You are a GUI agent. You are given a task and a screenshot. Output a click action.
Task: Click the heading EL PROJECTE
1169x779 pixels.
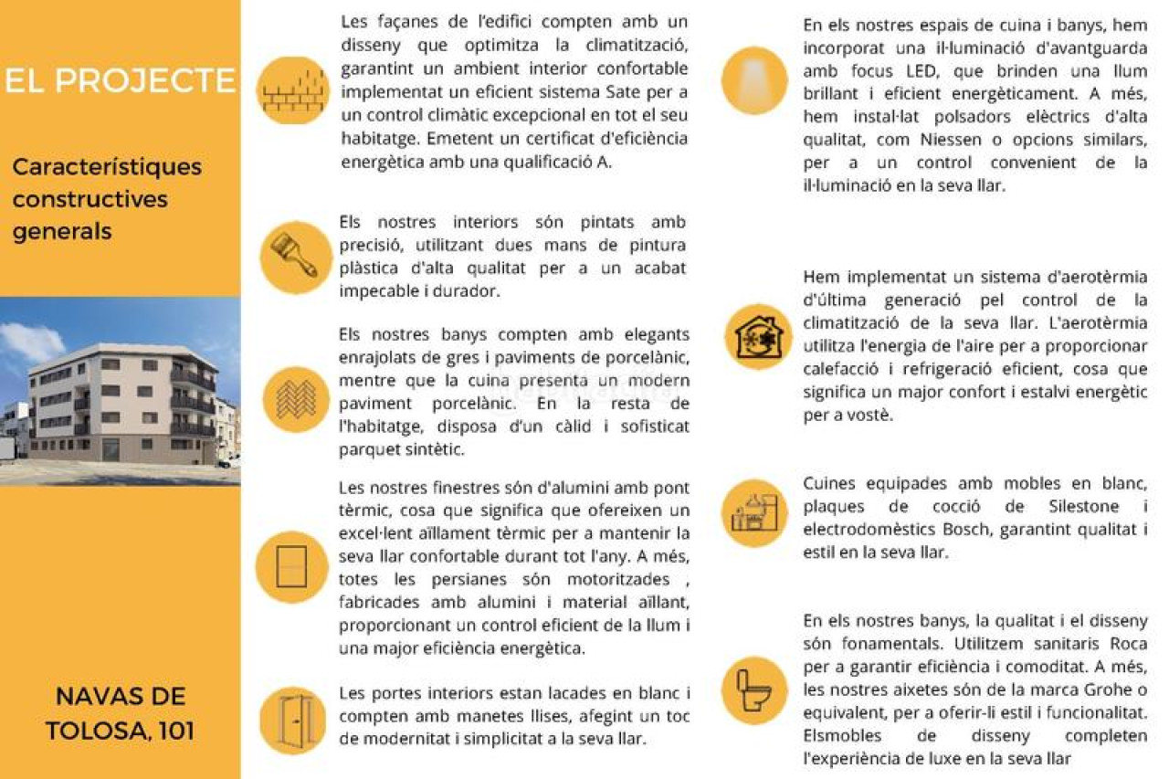120,80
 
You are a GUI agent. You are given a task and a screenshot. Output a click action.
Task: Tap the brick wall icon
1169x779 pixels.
293,89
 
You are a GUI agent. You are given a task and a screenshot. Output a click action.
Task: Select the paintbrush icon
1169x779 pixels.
294,256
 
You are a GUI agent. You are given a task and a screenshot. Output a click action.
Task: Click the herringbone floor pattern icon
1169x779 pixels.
296,399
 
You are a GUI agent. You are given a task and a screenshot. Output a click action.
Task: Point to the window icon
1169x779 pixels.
291,566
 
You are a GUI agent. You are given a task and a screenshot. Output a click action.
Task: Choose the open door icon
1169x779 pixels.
294,721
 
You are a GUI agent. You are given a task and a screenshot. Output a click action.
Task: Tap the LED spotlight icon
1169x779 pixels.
754,79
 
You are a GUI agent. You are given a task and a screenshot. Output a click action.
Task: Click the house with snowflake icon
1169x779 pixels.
758,336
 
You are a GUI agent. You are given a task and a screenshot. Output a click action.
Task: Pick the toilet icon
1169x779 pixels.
754,690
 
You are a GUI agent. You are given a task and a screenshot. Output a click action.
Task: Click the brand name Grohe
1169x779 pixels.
1101,690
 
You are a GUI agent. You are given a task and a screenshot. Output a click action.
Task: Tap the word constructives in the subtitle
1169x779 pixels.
90,199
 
